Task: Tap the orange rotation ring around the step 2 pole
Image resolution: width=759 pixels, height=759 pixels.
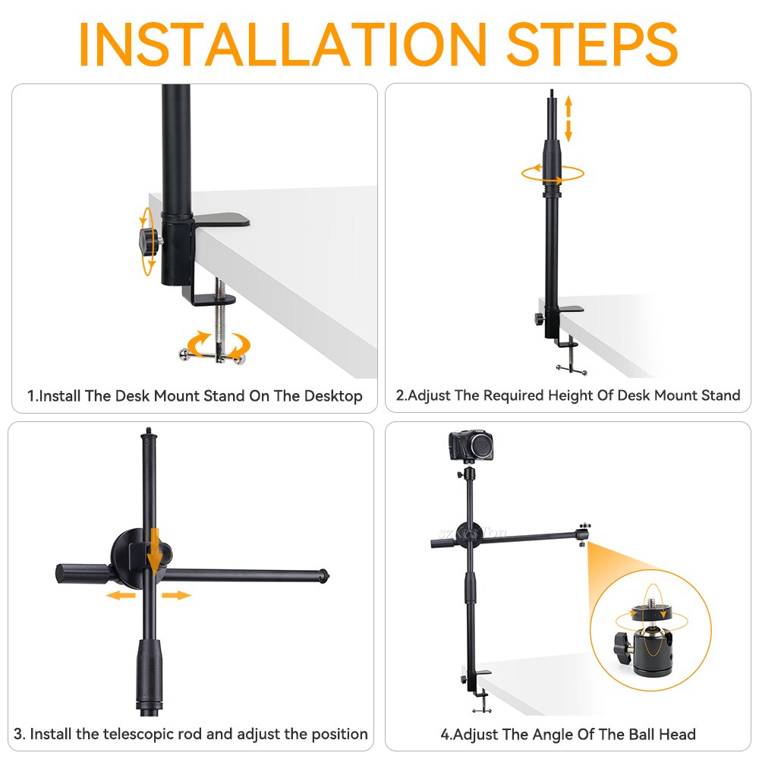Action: coord(553,173)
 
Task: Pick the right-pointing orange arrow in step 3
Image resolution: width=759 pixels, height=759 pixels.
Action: coord(176,596)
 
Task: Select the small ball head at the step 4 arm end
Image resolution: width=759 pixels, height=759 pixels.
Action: coord(584,532)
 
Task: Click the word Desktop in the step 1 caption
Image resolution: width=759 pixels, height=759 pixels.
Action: coord(333,396)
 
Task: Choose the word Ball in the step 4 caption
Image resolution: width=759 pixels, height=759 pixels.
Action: coord(644,734)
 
